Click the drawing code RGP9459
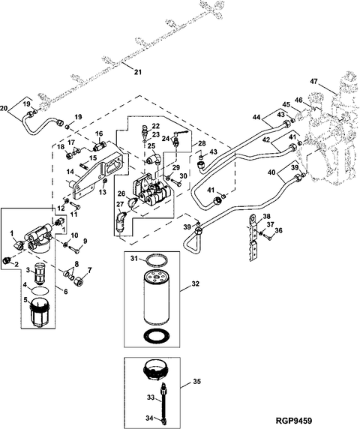[293, 420]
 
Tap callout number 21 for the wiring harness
[138, 72]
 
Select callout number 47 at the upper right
[313, 82]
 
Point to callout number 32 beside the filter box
[195, 284]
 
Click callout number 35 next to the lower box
[196, 382]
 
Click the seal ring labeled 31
[156, 260]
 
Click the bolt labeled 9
[74, 249]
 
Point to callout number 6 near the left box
[66, 292]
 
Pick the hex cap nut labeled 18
[70, 156]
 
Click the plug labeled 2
[7, 260]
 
